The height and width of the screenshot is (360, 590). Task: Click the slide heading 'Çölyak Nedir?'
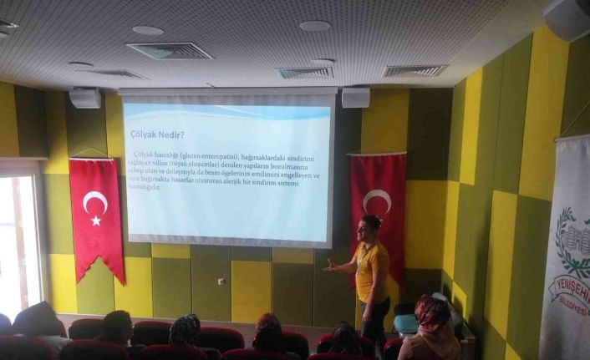click(x=157, y=134)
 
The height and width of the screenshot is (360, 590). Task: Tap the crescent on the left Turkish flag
click(x=94, y=201)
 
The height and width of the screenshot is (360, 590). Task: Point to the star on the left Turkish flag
click(x=96, y=221)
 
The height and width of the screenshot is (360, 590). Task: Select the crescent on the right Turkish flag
click(x=376, y=201)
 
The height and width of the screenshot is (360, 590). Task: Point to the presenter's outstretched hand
click(x=329, y=268)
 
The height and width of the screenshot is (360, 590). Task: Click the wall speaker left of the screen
click(x=84, y=98)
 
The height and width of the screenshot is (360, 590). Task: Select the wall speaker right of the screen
click(x=355, y=97)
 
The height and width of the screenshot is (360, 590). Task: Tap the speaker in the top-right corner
click(x=567, y=18)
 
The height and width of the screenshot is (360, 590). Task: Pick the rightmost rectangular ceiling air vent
click(x=415, y=71)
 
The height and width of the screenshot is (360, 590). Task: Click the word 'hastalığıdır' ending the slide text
click(x=144, y=186)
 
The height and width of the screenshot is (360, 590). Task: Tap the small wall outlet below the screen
click(x=221, y=281)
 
